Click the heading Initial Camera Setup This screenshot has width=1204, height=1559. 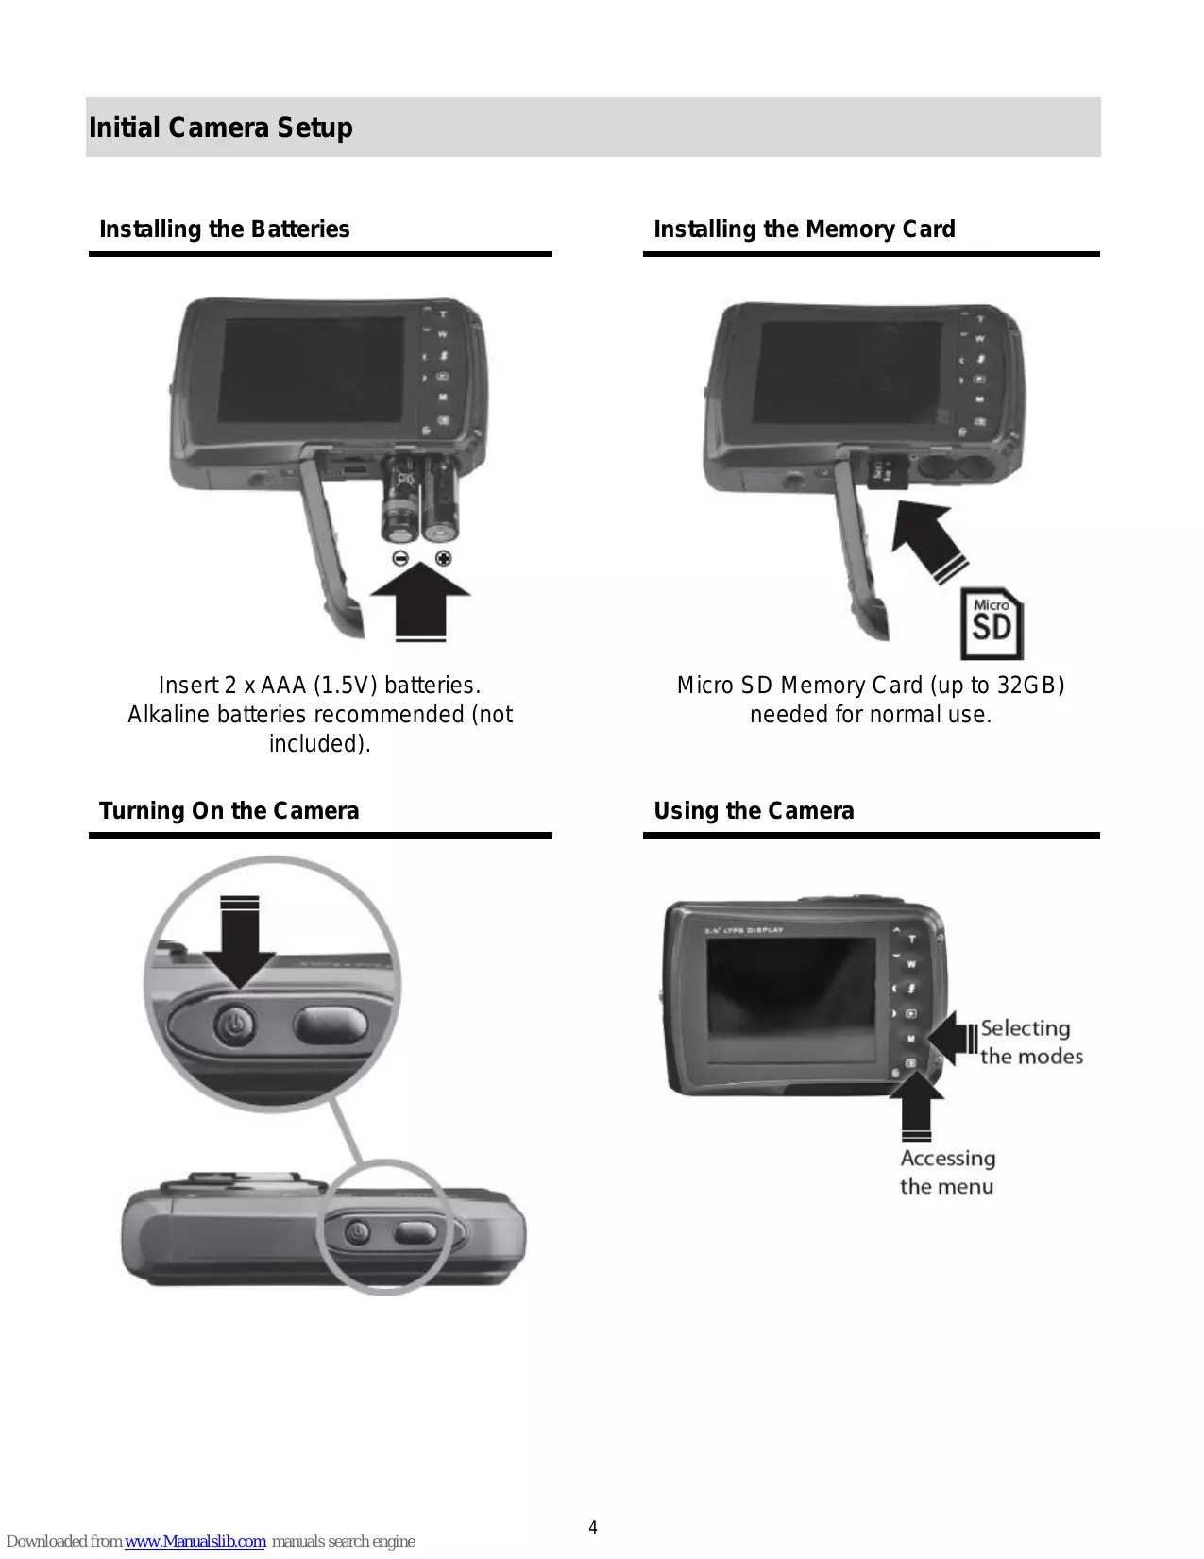pos(221,127)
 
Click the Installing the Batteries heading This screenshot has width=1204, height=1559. pos(225,229)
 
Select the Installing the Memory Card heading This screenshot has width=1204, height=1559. pos(804,229)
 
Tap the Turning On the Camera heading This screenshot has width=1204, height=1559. pos(229,811)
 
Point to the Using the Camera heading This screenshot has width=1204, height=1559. pos(754,811)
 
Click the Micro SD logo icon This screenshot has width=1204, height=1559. pos(992,623)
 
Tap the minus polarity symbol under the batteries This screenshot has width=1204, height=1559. pos(400,558)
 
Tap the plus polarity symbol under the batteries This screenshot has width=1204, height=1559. pos(443,558)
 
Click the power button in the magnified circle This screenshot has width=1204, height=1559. pos(235,1024)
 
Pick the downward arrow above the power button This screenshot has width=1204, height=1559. pos(239,944)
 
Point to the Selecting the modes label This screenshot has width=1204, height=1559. pos(1030,1042)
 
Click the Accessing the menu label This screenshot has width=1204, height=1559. pos(947,1172)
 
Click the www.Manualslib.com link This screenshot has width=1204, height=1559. pos(195,1541)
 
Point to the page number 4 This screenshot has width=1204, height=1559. pos(593,1527)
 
